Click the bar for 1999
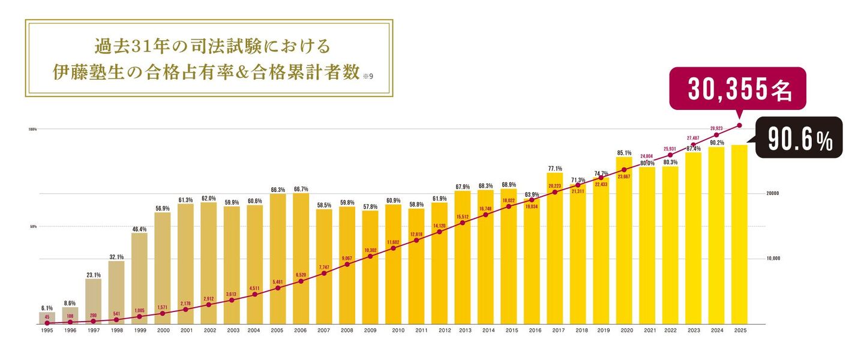[140, 278]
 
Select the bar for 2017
[555, 248]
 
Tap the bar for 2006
[301, 259]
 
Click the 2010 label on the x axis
[398, 330]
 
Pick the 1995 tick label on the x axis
[47, 330]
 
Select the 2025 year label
[739, 330]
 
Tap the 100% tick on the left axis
[32, 129]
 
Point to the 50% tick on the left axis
[34, 227]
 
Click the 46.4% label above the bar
[140, 229]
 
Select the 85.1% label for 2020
[624, 153]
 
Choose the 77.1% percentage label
[555, 169]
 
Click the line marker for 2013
[463, 223]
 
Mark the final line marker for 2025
[739, 125]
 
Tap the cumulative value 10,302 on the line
[370, 250]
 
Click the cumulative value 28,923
[716, 128]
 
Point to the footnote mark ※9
[368, 76]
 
